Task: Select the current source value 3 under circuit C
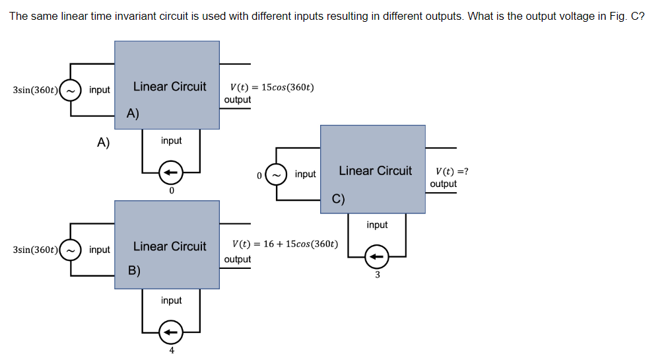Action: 378,275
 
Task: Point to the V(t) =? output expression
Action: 448,171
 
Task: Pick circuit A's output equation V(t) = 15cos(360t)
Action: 271,87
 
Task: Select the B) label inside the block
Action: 134,270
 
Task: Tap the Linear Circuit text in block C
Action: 375,170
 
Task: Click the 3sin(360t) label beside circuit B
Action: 35,250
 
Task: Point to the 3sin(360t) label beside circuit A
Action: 35,90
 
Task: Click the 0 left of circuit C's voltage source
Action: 260,175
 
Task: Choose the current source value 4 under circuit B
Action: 171,350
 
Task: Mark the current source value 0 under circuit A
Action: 171,191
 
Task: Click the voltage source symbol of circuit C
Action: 277,174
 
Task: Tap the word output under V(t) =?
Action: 443,184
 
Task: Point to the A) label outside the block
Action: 103,141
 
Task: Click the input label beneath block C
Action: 377,225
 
